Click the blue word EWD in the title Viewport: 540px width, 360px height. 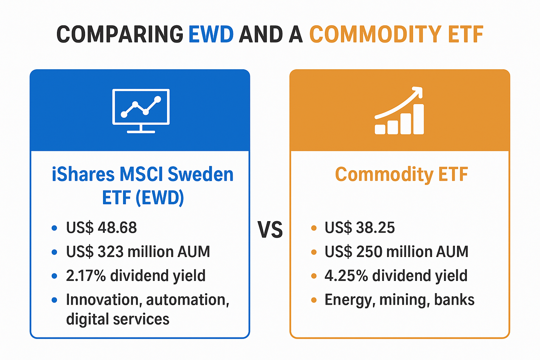(x=211, y=34)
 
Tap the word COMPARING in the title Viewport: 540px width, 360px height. (x=120, y=34)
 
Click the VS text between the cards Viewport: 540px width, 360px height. (x=270, y=230)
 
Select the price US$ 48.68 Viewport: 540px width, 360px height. (x=101, y=228)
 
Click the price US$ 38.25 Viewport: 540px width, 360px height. (x=360, y=228)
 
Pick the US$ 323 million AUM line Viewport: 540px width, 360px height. (x=138, y=252)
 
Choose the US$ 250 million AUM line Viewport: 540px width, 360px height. (x=396, y=252)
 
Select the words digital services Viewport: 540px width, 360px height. (x=117, y=319)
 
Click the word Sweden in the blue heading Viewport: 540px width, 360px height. (x=200, y=174)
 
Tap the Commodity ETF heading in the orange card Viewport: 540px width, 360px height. (x=401, y=174)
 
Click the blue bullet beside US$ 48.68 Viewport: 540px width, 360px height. (x=54, y=228)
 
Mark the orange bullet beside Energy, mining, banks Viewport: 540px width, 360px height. (x=314, y=300)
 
